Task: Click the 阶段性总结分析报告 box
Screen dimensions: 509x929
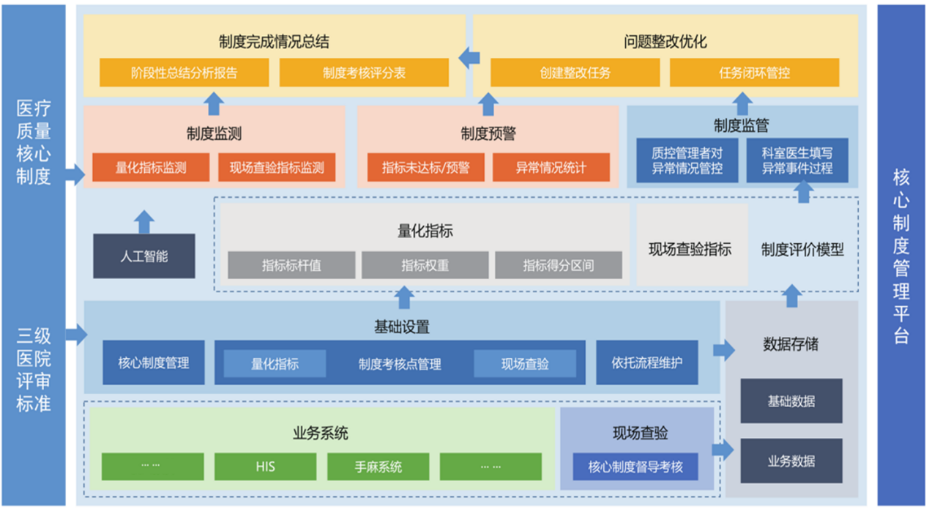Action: click(184, 73)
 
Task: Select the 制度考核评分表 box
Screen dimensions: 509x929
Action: click(364, 73)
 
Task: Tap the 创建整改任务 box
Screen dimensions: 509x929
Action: click(575, 73)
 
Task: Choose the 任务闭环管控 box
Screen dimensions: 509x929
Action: click(754, 73)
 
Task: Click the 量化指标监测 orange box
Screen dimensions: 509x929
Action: click(151, 168)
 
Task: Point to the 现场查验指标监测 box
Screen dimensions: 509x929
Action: click(277, 168)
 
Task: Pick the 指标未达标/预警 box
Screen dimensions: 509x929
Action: click(425, 168)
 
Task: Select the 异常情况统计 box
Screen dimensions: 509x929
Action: click(551, 168)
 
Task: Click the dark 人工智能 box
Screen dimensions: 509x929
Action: click(144, 256)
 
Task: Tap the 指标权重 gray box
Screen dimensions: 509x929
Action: click(425, 265)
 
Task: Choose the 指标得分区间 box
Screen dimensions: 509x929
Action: click(558, 265)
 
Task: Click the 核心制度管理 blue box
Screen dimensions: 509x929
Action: click(154, 363)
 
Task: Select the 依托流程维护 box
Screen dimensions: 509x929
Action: click(647, 363)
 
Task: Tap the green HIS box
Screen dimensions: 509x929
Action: click(265, 467)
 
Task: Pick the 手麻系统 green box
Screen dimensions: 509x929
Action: click(378, 467)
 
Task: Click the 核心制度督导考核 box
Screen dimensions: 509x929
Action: click(635, 467)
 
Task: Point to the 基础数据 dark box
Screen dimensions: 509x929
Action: click(791, 401)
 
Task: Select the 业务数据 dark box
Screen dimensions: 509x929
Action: click(791, 461)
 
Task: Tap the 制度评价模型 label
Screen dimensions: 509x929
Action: click(802, 250)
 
